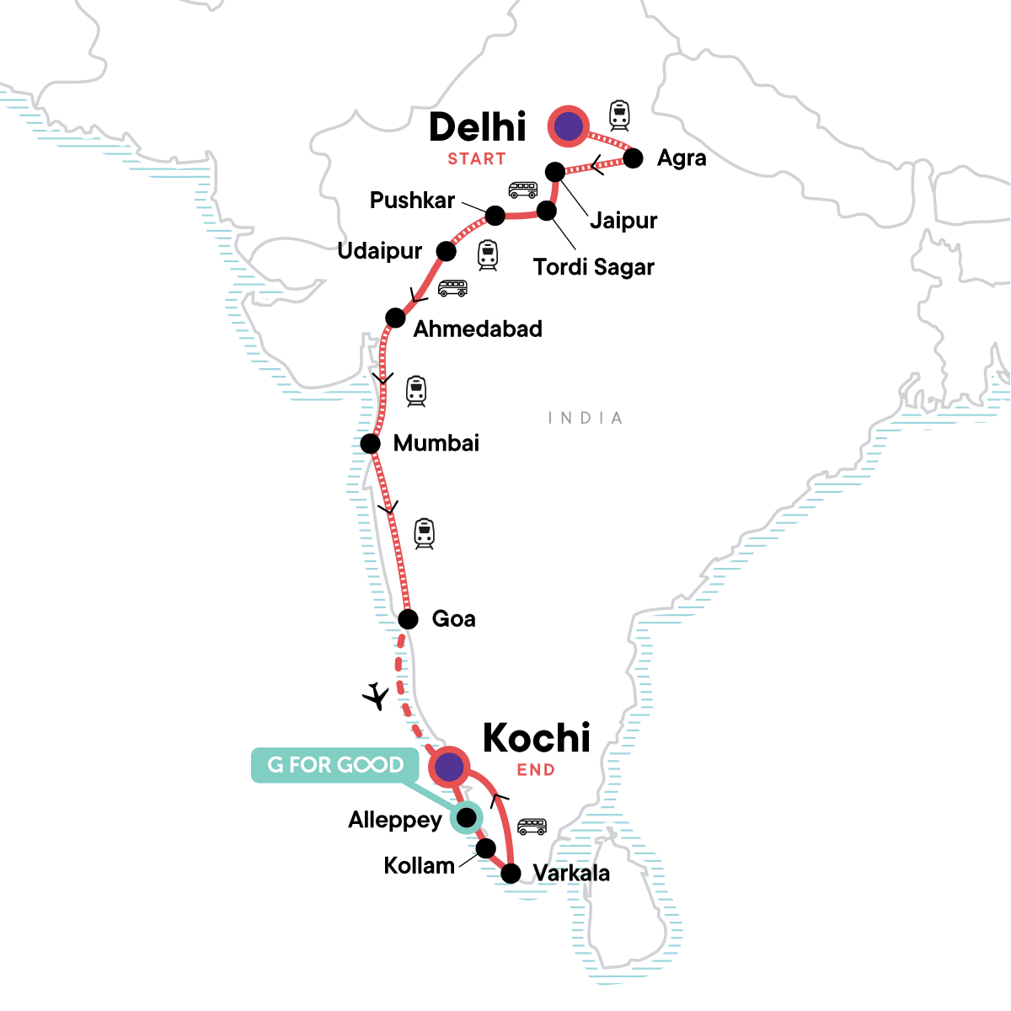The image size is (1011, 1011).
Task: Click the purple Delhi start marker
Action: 569,126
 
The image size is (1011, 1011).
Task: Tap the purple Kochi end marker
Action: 449,767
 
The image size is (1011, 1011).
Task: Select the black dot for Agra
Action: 633,158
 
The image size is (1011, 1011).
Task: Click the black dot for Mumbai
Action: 371,443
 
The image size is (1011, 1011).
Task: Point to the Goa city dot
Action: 408,620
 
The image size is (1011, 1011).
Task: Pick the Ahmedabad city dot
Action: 395,318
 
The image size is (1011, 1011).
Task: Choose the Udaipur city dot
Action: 446,251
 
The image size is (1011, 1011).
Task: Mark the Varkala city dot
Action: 511,874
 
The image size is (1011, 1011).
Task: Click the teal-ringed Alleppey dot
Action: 466,816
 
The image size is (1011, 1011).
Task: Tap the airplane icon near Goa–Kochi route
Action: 376,697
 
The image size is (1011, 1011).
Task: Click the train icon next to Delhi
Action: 620,115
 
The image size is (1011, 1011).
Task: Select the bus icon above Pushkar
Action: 522,190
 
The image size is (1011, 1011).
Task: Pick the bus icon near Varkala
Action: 532,826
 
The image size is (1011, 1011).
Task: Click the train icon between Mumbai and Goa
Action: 424,534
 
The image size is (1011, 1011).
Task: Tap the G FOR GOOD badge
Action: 335,765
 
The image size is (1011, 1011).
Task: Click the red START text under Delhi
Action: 477,159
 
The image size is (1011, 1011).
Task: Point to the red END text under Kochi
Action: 536,770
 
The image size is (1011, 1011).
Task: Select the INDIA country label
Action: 586,418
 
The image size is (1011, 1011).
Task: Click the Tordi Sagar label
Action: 594,267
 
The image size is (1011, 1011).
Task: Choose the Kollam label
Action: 419,865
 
